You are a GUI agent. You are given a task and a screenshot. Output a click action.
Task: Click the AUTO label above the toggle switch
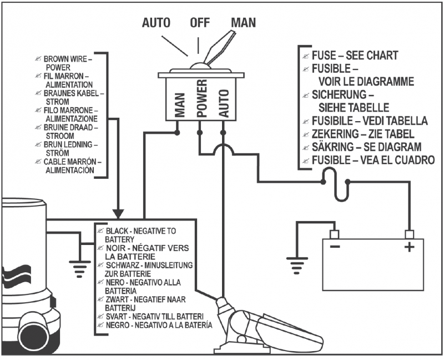pos(157,23)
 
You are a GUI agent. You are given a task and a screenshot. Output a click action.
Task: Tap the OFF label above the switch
pos(200,23)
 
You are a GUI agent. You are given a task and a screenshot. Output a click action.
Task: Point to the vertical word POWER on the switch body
pos(201,99)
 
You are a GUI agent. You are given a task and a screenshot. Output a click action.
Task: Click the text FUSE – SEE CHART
pos(355,56)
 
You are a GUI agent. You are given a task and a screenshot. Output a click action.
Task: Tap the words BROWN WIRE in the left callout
pos(64,58)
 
